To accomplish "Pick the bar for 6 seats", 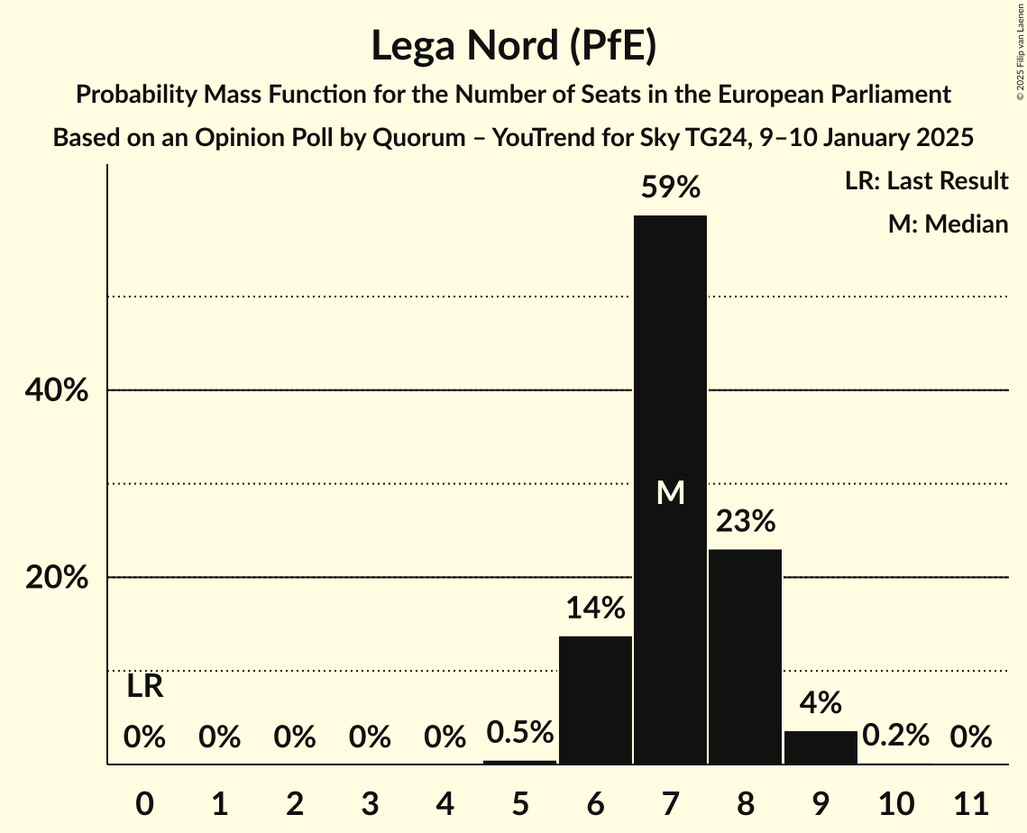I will coord(595,700).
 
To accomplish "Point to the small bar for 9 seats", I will coord(821,747).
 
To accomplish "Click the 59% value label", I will coord(670,188).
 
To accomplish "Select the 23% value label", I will coord(745,521).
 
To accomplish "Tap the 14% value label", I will coord(595,609).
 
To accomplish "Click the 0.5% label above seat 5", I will coord(519,732).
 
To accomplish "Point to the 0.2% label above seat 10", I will coord(895,736).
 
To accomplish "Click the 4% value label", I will coord(821,703).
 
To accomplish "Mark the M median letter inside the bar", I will coord(670,492).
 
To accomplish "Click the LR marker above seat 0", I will coord(144,687).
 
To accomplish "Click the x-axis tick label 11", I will coord(970,801).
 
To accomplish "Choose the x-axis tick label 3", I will coord(370,801).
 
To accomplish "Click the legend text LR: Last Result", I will coord(926,181).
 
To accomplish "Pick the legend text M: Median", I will coord(948,224).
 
